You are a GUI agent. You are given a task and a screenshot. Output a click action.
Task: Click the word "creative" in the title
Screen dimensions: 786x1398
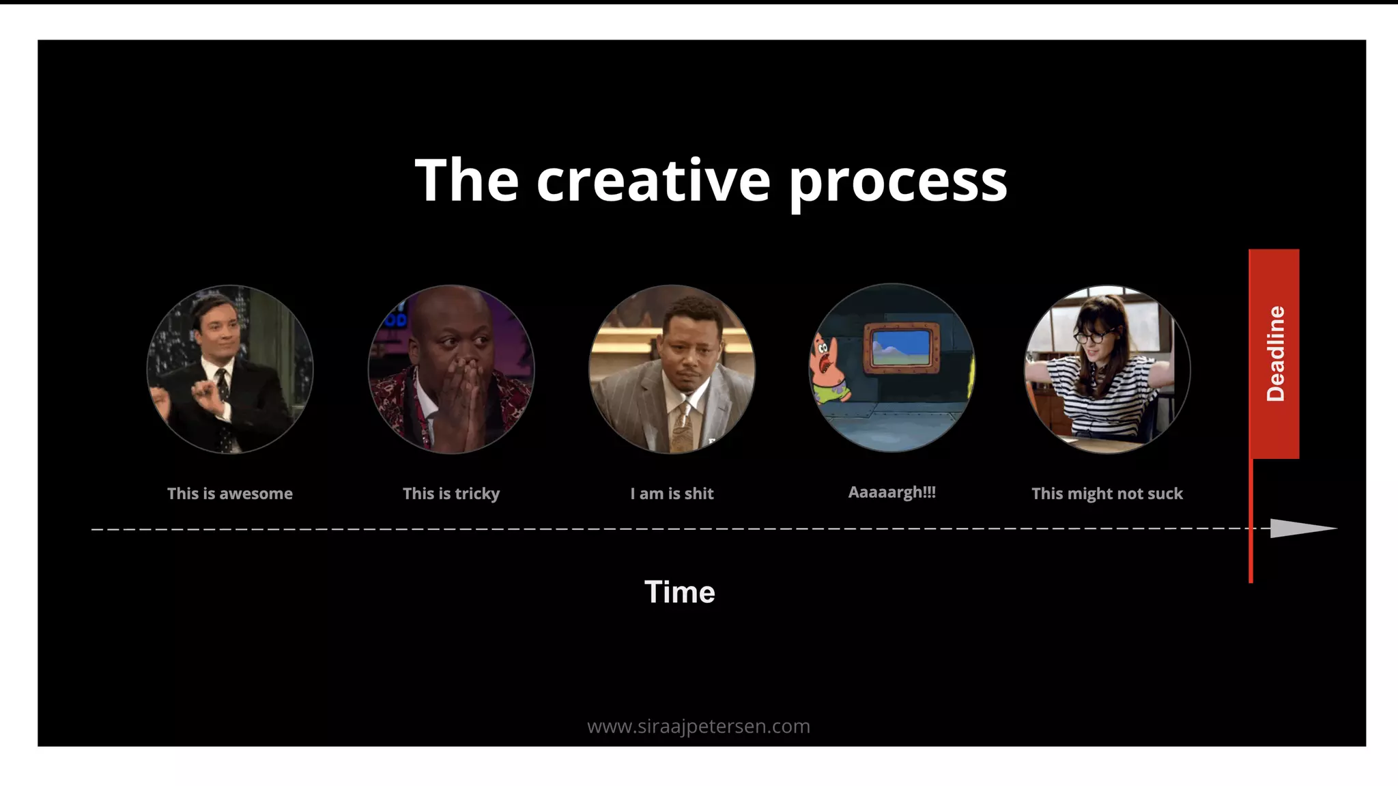[653, 180]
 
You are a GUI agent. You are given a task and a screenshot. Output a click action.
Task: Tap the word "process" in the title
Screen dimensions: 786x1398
[898, 182]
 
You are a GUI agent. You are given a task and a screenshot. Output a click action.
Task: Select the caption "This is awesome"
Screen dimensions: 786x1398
[230, 493]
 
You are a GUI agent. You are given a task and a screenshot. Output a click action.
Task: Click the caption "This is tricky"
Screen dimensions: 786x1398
[451, 493]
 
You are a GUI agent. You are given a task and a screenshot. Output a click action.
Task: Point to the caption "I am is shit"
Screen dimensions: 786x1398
[672, 493]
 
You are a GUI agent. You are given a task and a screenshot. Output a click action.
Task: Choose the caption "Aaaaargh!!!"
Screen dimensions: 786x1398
[891, 492]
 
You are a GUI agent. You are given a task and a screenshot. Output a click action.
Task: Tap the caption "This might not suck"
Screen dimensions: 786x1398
[1107, 493]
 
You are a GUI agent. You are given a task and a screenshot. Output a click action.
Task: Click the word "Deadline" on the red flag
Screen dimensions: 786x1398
[1275, 353]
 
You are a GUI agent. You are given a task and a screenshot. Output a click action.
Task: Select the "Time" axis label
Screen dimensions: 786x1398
[679, 591]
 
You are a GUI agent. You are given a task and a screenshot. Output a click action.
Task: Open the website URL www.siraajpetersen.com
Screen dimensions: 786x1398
[698, 726]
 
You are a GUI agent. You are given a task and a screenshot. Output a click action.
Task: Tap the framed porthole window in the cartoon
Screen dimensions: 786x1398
[901, 348]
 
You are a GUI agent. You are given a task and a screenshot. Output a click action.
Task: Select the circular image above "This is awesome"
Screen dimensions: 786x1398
[230, 369]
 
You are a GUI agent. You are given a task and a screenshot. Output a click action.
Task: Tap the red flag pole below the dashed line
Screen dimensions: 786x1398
[1251, 557]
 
